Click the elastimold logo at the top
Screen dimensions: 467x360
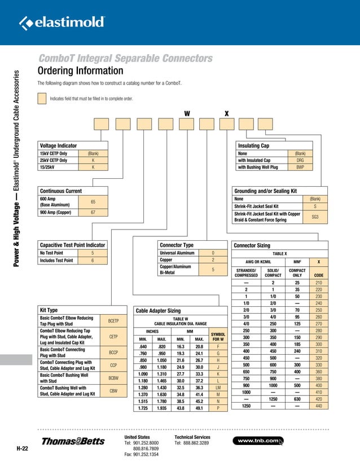coord(62,23)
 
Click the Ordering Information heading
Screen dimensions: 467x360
coord(80,71)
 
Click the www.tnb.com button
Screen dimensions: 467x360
coord(260,440)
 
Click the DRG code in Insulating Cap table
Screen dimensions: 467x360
coord(300,160)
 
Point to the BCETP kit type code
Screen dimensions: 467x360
coord(114,321)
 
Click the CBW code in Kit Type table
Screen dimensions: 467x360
coord(114,390)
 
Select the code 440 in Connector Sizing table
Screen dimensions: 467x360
coord(319,406)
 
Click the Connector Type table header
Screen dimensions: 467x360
coord(177,245)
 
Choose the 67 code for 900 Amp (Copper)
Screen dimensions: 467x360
coord(93,212)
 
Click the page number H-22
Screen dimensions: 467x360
coord(23,449)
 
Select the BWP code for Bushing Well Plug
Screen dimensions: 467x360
coord(300,167)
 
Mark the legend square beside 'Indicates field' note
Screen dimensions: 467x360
coord(41,98)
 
